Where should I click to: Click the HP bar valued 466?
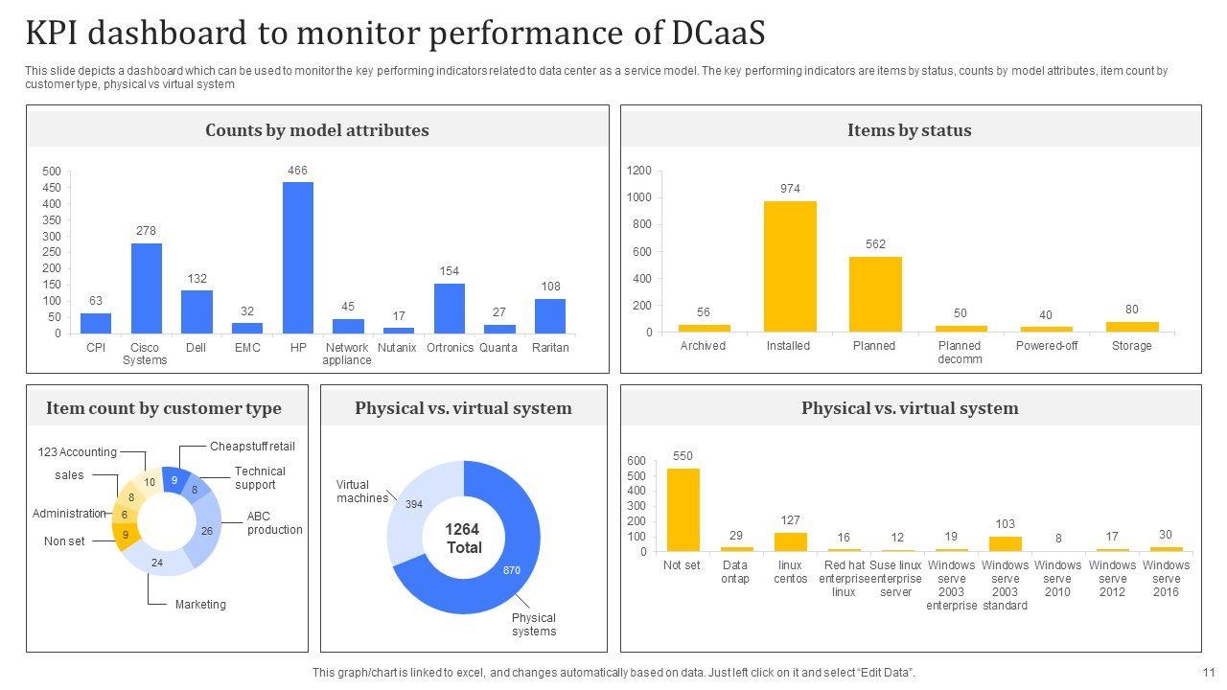297,257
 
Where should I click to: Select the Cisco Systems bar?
146,287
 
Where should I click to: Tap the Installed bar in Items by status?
790,265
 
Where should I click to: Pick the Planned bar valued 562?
875,293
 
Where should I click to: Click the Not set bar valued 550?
683,509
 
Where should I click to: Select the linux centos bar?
790,541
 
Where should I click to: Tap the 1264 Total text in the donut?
463,539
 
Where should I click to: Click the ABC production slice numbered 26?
206,531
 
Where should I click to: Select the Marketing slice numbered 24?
157,563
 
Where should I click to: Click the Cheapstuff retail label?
252,447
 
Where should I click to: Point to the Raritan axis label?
550,348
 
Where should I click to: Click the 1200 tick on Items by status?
639,171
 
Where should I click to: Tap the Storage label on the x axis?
1131,346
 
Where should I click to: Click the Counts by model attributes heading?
317,130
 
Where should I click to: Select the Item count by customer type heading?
164,408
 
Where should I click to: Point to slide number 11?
1208,673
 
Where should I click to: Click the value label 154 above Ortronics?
449,271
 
